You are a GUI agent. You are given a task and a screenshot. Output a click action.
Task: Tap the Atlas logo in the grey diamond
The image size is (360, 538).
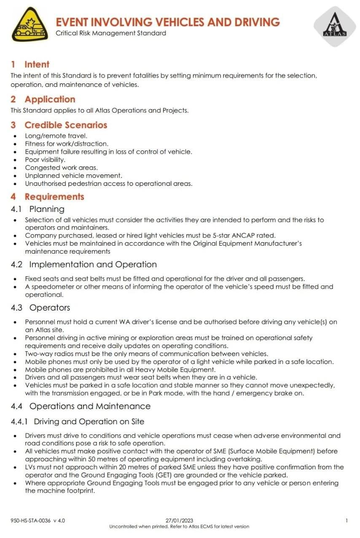[x=335, y=26]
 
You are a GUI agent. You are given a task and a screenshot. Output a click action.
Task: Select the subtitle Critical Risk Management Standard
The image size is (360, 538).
[x=111, y=33]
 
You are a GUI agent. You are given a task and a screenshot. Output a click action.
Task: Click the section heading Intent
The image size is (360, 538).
[x=37, y=64]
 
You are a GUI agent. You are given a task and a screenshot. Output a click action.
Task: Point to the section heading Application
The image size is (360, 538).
[x=50, y=99]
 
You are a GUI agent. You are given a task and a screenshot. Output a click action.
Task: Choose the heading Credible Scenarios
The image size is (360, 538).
[x=66, y=125]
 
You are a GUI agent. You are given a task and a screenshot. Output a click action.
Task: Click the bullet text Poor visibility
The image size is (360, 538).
[x=45, y=160]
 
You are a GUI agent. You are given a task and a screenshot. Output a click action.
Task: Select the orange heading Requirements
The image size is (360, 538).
[x=54, y=197]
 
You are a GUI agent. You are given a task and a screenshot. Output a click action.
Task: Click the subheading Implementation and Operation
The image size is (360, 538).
[x=93, y=265]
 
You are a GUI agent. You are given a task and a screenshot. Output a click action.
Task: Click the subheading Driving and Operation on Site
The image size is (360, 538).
[x=89, y=421]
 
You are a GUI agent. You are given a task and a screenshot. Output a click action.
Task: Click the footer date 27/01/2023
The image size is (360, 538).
[x=180, y=521]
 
